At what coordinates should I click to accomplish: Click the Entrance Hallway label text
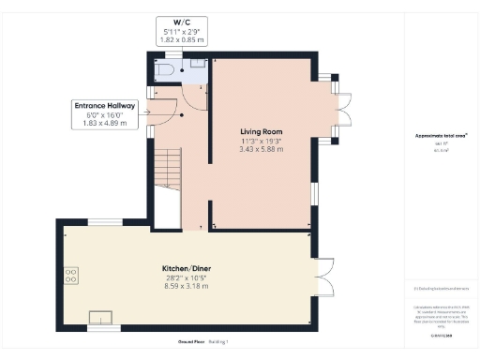coord(105,106)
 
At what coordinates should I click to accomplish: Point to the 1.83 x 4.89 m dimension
coord(105,123)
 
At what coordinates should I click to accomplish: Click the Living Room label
coord(260,131)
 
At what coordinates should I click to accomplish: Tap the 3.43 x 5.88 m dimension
coord(260,148)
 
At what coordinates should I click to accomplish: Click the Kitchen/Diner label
coord(187,269)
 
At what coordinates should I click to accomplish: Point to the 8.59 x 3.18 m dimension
coord(187,286)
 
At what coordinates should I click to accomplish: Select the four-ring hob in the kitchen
coord(71,276)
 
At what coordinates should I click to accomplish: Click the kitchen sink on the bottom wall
coord(99,318)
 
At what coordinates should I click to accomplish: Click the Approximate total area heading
coord(434,135)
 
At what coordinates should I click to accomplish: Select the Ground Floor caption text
coord(190,341)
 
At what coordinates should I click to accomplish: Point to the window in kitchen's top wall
coord(104,222)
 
